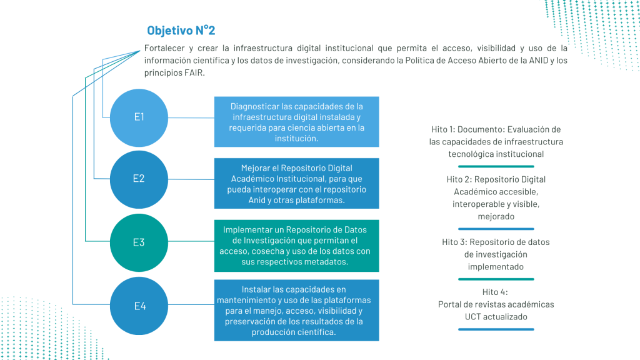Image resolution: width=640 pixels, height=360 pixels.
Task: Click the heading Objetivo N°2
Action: point(181,30)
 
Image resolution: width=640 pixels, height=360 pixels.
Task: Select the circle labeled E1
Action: point(139,117)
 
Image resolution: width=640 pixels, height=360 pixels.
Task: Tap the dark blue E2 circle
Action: point(139,179)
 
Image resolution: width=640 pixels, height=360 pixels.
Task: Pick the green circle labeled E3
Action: point(139,242)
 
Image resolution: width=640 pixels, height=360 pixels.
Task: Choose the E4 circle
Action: point(139,306)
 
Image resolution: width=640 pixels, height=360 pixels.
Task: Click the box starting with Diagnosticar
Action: point(297,122)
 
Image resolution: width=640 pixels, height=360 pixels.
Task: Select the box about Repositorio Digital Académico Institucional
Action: point(297,183)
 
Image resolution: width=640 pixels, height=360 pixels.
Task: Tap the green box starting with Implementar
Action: point(297,246)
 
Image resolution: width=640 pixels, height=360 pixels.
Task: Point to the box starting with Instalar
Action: point(297,310)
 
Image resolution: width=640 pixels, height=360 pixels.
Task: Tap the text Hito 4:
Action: point(495,292)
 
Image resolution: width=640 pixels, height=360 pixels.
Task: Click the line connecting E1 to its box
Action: point(191,118)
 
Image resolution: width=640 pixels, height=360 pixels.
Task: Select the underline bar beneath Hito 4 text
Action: point(496,329)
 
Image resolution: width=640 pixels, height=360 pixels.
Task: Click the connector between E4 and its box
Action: point(191,304)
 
